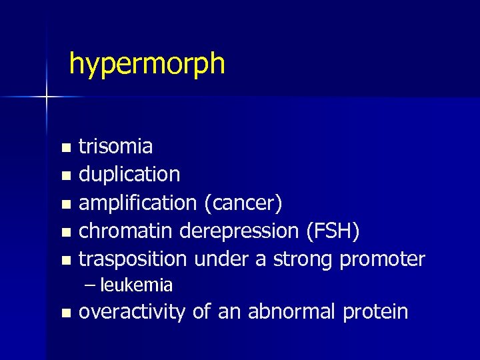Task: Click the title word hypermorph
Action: pos(147,65)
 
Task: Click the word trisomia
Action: pos(116,146)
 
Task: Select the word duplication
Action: pos(129,175)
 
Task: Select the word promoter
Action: pos(382,259)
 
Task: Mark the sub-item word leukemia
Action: pos(137,285)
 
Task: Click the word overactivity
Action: pos(131,311)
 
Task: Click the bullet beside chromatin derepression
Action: pos(65,232)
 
